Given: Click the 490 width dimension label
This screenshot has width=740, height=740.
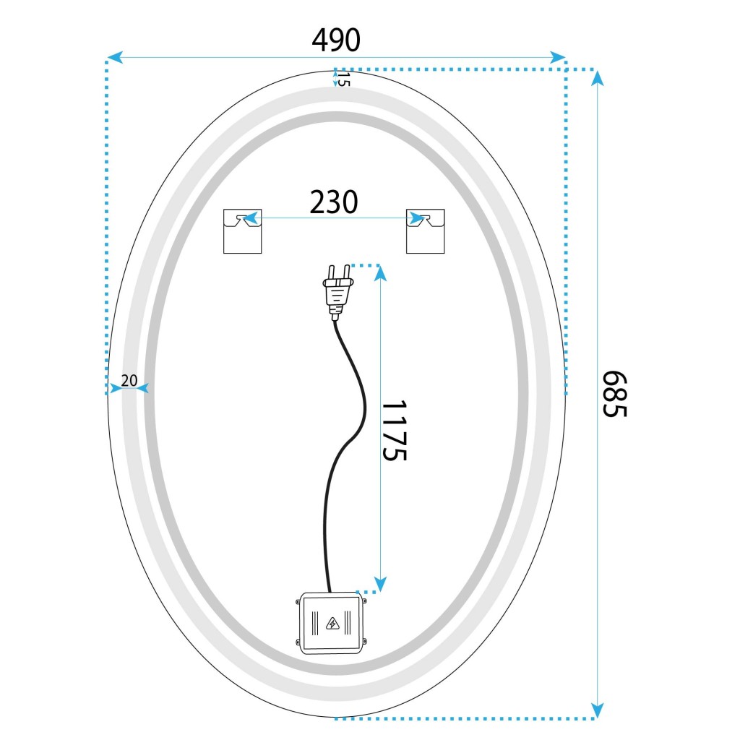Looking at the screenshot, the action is [336, 40].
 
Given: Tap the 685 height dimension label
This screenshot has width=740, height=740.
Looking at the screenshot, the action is [614, 394].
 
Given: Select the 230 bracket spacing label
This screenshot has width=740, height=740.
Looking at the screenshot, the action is [334, 202].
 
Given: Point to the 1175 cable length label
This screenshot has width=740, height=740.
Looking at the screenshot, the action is [394, 431].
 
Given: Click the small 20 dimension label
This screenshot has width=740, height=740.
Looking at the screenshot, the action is [129, 380].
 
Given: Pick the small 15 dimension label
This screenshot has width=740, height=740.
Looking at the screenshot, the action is [343, 79].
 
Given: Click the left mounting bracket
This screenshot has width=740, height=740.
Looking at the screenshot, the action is [242, 231].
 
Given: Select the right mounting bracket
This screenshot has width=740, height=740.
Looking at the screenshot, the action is [425, 231].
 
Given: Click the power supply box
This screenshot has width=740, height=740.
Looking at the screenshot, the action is [331, 624].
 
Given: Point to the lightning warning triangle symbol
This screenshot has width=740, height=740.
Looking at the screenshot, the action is [332, 624].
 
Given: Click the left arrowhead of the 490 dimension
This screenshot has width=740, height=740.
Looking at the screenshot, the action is [115, 58].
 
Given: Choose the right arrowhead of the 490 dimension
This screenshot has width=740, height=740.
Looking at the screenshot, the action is [558, 58].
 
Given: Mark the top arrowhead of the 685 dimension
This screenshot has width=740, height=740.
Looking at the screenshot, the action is [598, 78].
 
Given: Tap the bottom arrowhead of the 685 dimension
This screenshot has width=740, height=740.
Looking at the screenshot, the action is [598, 710].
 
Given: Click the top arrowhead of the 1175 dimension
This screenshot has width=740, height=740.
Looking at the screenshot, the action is [380, 273].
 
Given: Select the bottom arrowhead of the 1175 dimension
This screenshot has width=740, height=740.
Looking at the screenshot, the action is [380, 584].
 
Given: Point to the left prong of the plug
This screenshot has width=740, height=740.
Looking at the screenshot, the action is [331, 272].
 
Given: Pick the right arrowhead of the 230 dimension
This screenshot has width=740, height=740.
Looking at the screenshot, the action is [416, 218].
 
